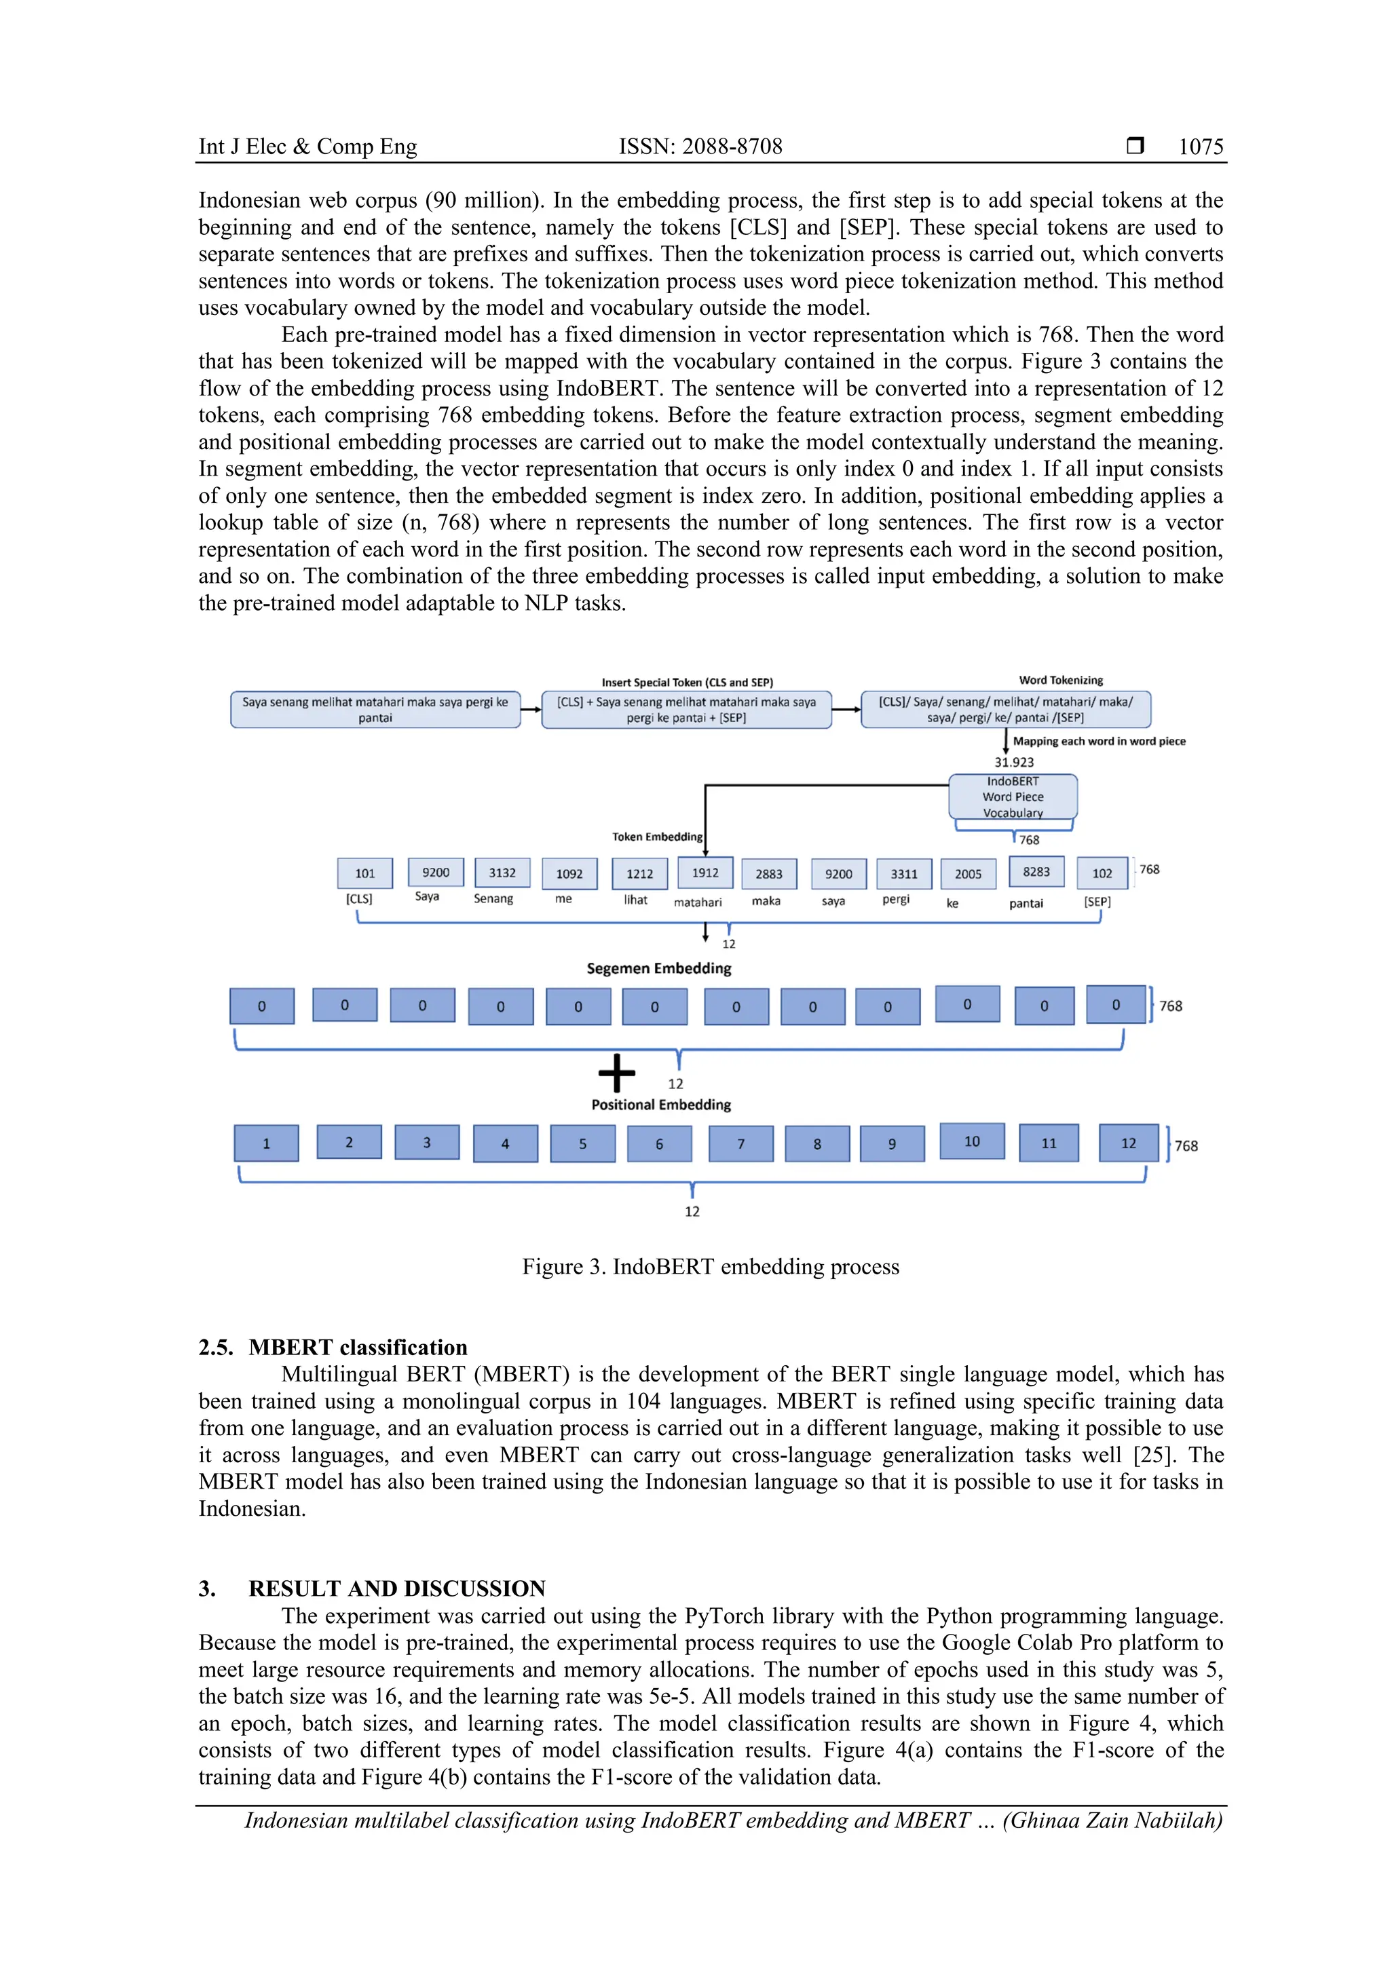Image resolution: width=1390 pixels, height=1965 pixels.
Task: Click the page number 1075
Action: pos(1200,147)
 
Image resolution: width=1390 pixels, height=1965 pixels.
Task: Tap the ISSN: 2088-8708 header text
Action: pos(700,147)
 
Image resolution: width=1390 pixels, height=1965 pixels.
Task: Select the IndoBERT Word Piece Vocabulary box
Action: pos(1013,797)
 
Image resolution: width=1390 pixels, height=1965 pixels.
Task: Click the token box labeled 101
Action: pos(364,873)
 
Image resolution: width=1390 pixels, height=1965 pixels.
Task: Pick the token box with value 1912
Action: pos(705,872)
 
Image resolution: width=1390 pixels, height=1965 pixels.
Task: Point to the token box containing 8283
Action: pos(1036,871)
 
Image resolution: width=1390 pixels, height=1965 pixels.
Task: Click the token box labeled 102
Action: pos(1102,873)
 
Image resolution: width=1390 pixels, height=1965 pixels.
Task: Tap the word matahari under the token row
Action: pos(698,902)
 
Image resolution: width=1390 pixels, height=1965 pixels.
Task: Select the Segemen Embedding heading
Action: pos(659,968)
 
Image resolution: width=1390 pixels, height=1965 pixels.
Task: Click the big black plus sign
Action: pos(616,1072)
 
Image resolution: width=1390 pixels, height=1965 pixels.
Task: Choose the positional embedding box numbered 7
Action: pos(740,1143)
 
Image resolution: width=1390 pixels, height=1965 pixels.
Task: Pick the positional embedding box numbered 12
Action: pos(1128,1143)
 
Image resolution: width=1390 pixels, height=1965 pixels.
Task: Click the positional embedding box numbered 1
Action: pos(266,1143)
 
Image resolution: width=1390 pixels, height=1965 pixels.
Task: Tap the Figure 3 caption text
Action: pos(711,1267)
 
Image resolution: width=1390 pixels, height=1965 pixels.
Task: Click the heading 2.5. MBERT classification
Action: pos(333,1347)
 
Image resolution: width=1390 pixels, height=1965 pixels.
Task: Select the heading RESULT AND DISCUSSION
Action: pos(396,1588)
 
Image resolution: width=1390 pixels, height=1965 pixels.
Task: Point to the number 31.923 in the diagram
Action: pos(1013,762)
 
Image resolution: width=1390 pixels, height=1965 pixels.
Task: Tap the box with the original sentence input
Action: pos(375,710)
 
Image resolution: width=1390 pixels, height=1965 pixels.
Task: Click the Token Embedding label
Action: pos(656,836)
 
